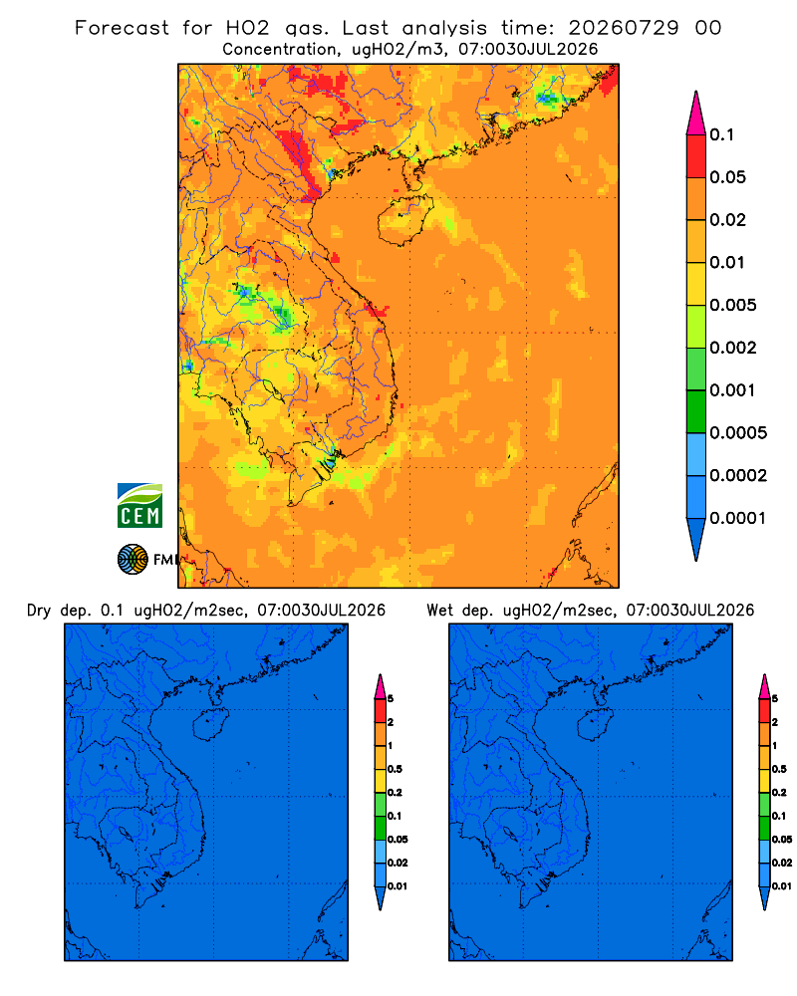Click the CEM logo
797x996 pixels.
coord(139,505)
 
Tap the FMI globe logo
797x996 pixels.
coord(133,559)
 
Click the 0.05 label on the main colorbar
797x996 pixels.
coord(727,177)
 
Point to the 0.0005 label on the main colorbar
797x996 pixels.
coord(738,432)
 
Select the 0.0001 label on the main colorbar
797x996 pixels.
coord(738,518)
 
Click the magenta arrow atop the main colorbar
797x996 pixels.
coord(696,113)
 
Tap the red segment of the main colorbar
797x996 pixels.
coord(696,156)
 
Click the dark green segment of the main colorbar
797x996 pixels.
coord(696,411)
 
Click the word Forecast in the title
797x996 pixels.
coord(122,28)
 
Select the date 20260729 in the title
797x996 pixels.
coord(624,28)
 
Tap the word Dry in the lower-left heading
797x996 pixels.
coord(39,611)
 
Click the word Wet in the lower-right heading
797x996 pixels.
coord(439,611)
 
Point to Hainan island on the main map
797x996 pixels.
coord(404,220)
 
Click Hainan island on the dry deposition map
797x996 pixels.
coord(210,725)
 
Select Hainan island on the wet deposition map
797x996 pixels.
coord(595,725)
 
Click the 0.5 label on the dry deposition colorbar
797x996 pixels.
coord(395,769)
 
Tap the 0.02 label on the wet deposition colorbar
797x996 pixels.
coord(782,863)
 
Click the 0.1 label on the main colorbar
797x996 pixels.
coord(722,134)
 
